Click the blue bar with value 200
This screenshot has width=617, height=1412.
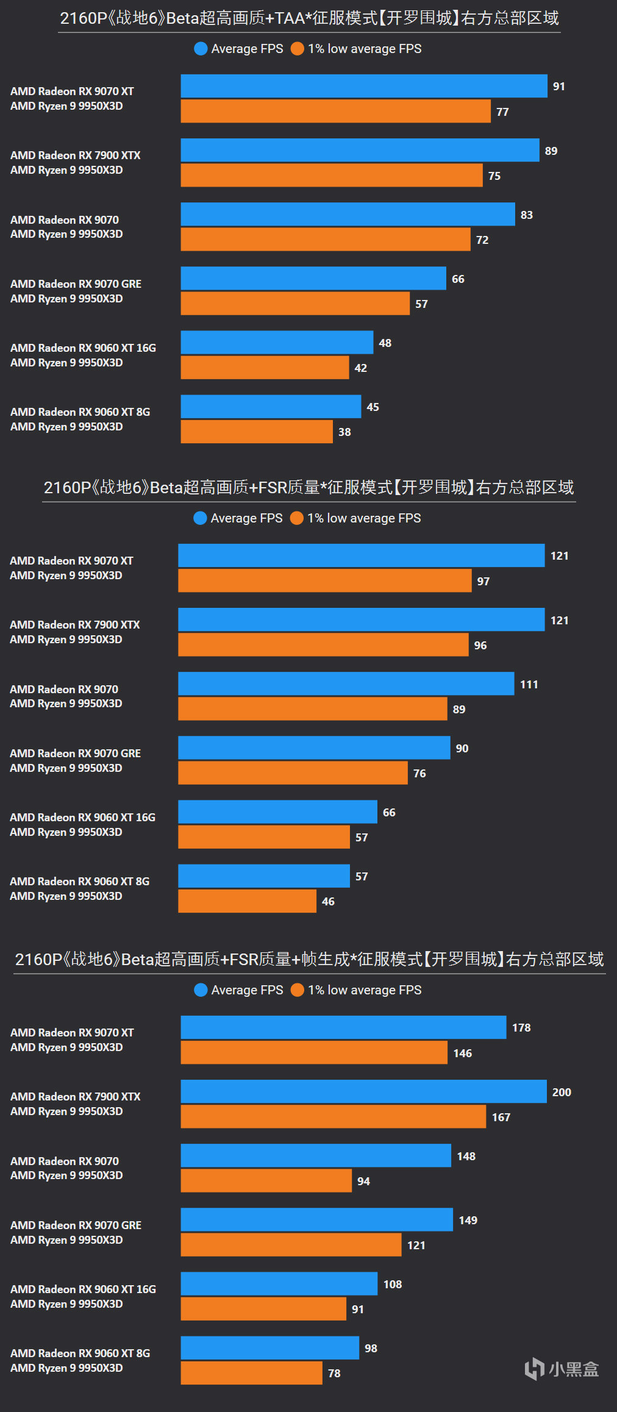pyautogui.click(x=363, y=1091)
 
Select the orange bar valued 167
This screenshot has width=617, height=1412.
pyautogui.click(x=333, y=1116)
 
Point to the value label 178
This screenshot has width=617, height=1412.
pyautogui.click(x=521, y=1028)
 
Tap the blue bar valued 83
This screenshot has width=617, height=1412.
pyautogui.click(x=348, y=214)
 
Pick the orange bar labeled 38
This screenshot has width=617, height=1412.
pyautogui.click(x=257, y=432)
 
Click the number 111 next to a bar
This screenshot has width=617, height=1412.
pyautogui.click(x=529, y=685)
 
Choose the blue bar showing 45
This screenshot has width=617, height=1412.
pyautogui.click(x=271, y=407)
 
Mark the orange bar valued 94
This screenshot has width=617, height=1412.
pyautogui.click(x=266, y=1180)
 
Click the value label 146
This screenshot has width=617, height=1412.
pyautogui.click(x=463, y=1054)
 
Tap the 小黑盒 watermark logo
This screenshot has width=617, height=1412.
pyautogui.click(x=562, y=1369)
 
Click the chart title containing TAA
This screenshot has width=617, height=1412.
pyautogui.click(x=309, y=18)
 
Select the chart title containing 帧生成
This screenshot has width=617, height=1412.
pyautogui.click(x=309, y=960)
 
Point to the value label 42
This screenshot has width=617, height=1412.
pyautogui.click(x=361, y=368)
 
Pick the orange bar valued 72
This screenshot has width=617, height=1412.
pyautogui.click(x=326, y=240)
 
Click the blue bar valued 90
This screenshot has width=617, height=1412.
pyautogui.click(x=314, y=747)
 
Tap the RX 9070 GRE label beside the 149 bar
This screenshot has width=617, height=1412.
pyautogui.click(x=76, y=1225)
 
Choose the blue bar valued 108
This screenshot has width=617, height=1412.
pyautogui.click(x=279, y=1283)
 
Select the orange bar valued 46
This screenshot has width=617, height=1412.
pyautogui.click(x=247, y=901)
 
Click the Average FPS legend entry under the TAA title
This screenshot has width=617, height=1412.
pyautogui.click(x=239, y=49)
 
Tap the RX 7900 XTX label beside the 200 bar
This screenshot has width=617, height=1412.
pyautogui.click(x=75, y=1097)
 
